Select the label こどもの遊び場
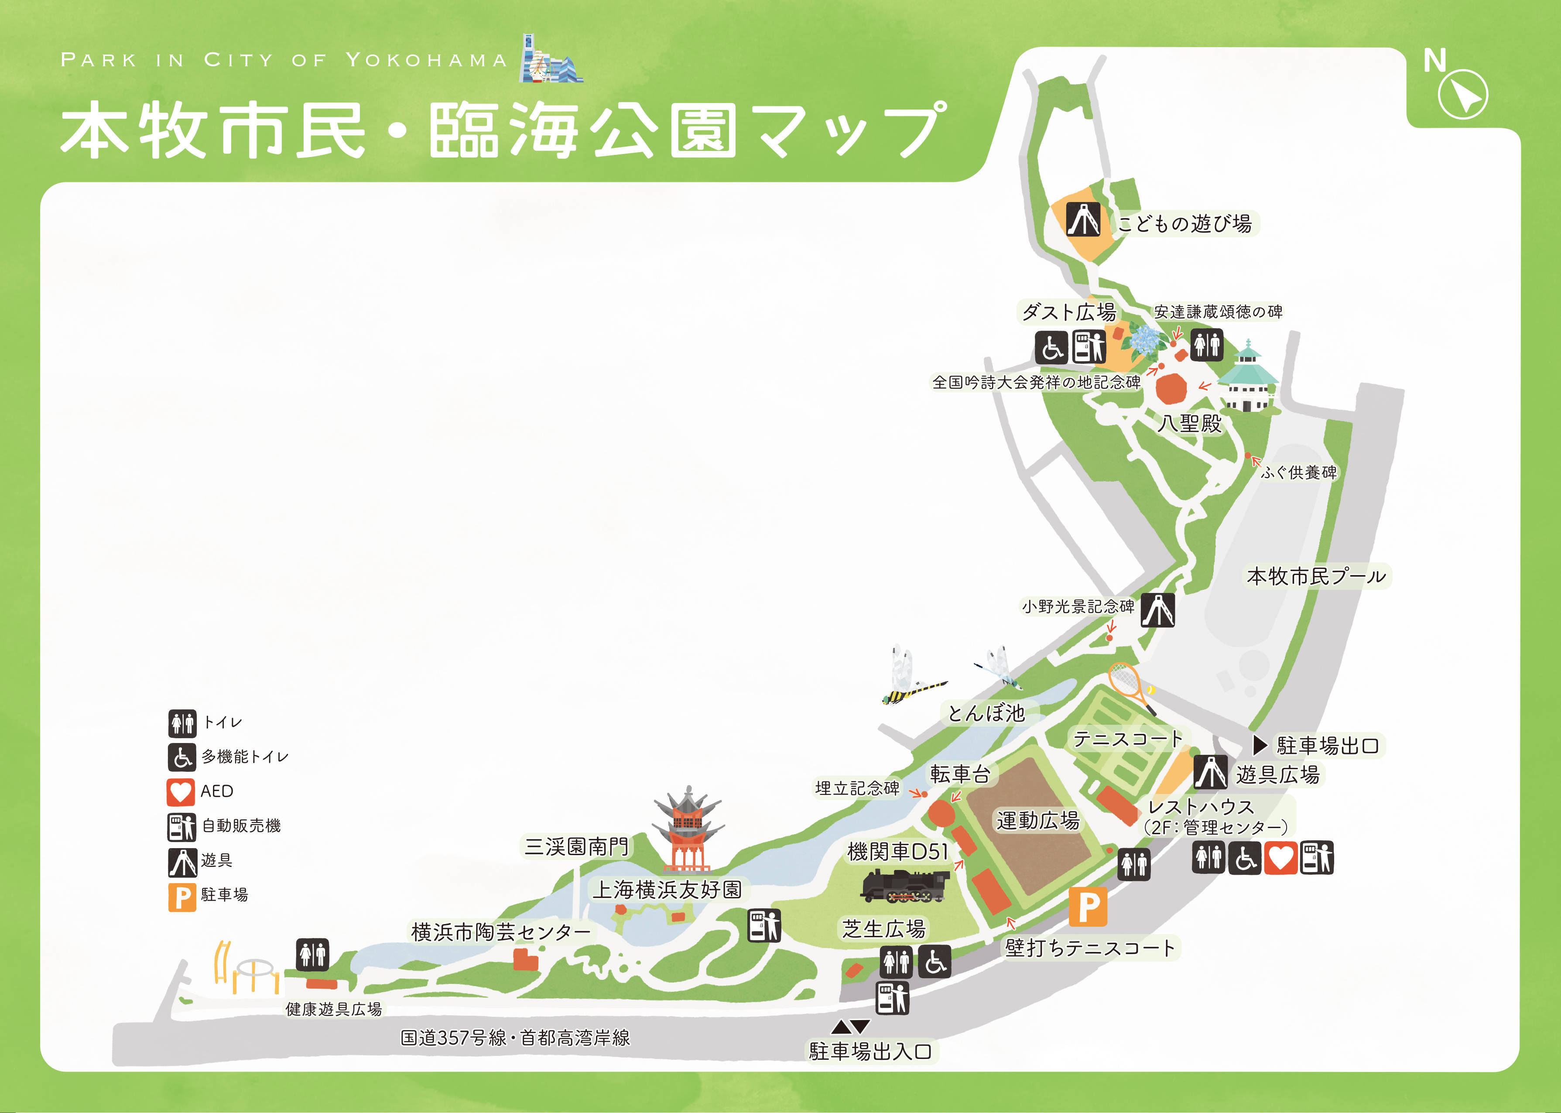click(x=1184, y=223)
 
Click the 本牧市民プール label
click(x=1316, y=576)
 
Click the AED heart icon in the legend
click(x=181, y=791)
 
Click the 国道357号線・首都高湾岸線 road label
click(x=515, y=1038)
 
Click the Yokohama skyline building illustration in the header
click(x=550, y=62)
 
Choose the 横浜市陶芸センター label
click(x=500, y=932)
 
